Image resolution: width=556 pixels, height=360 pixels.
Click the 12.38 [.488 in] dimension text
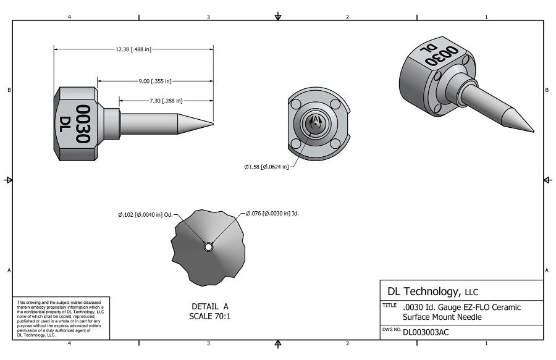tap(133, 49)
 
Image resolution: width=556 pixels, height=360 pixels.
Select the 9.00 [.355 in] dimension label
tap(155, 81)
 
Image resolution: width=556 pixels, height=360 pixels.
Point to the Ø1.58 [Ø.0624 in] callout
tap(266, 166)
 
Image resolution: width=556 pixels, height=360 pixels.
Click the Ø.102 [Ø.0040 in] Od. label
tap(145, 215)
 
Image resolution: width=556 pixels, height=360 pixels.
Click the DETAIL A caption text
tap(210, 306)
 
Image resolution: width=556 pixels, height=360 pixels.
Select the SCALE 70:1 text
tap(210, 316)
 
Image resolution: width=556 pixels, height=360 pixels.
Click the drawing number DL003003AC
tap(426, 332)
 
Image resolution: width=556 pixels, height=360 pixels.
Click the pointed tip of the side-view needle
tap(213, 122)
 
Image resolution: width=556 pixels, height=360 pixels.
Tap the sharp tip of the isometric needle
tap(533, 131)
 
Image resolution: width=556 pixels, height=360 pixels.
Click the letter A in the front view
tap(316, 119)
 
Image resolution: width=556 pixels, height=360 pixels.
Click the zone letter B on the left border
tap(9, 90)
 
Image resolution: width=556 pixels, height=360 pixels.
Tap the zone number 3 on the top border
tap(208, 17)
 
